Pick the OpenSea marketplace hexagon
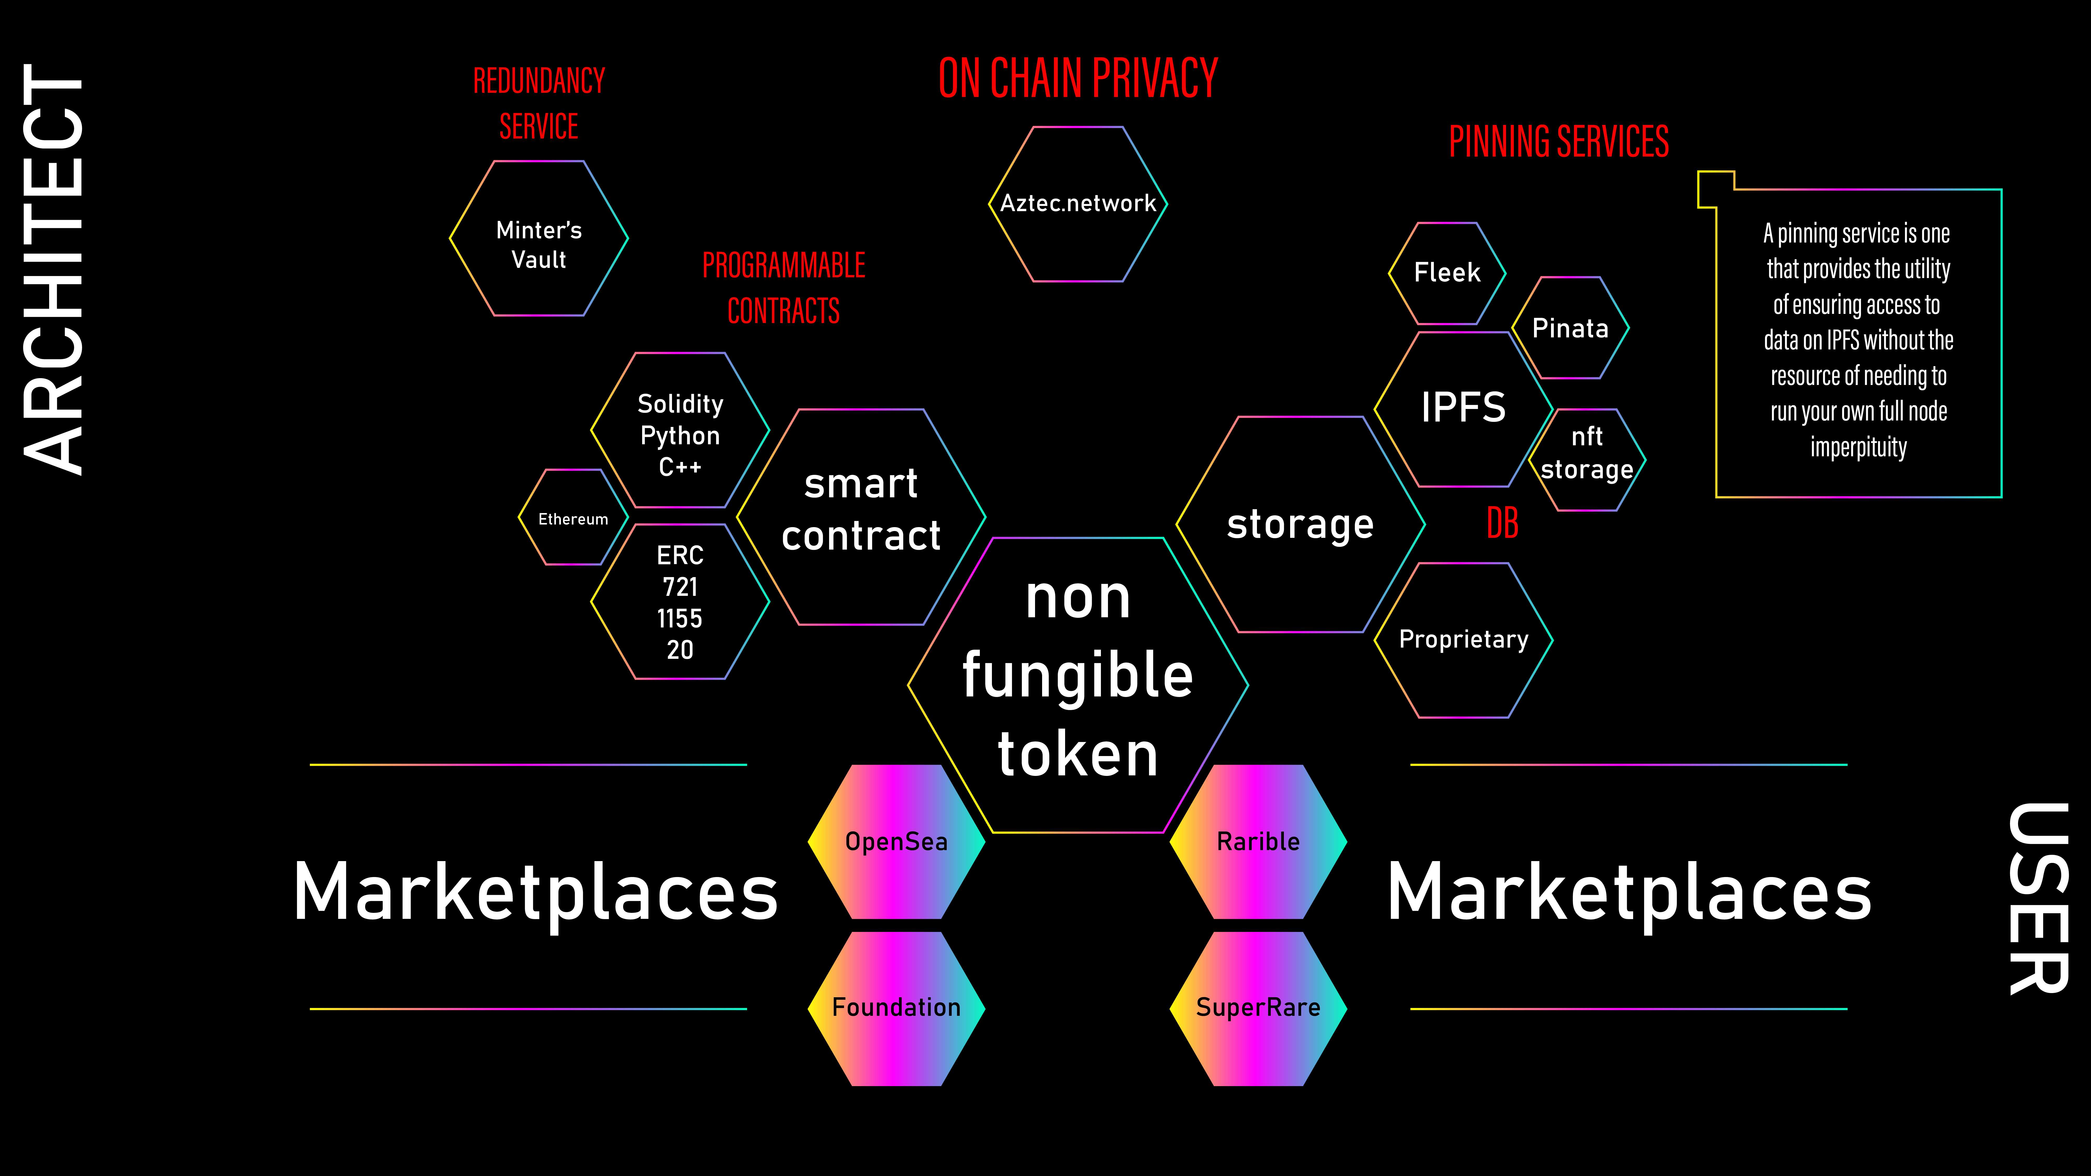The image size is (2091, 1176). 896,841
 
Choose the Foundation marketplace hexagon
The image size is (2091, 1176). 896,1008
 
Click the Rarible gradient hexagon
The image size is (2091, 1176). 1258,841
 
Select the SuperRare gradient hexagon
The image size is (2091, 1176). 1258,1008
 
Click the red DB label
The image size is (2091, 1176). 1502,523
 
